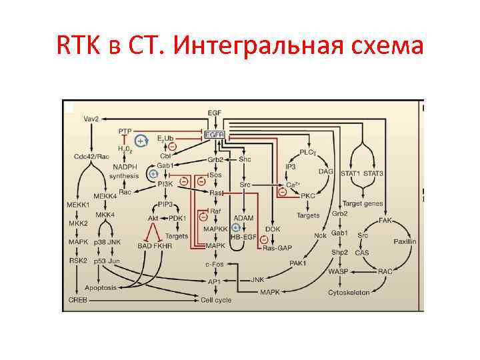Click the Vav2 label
tap(91, 119)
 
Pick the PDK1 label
tap(177, 217)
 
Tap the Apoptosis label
tap(99, 287)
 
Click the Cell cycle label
tap(216, 300)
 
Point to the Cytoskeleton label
tap(349, 293)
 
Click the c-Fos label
tap(214, 265)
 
